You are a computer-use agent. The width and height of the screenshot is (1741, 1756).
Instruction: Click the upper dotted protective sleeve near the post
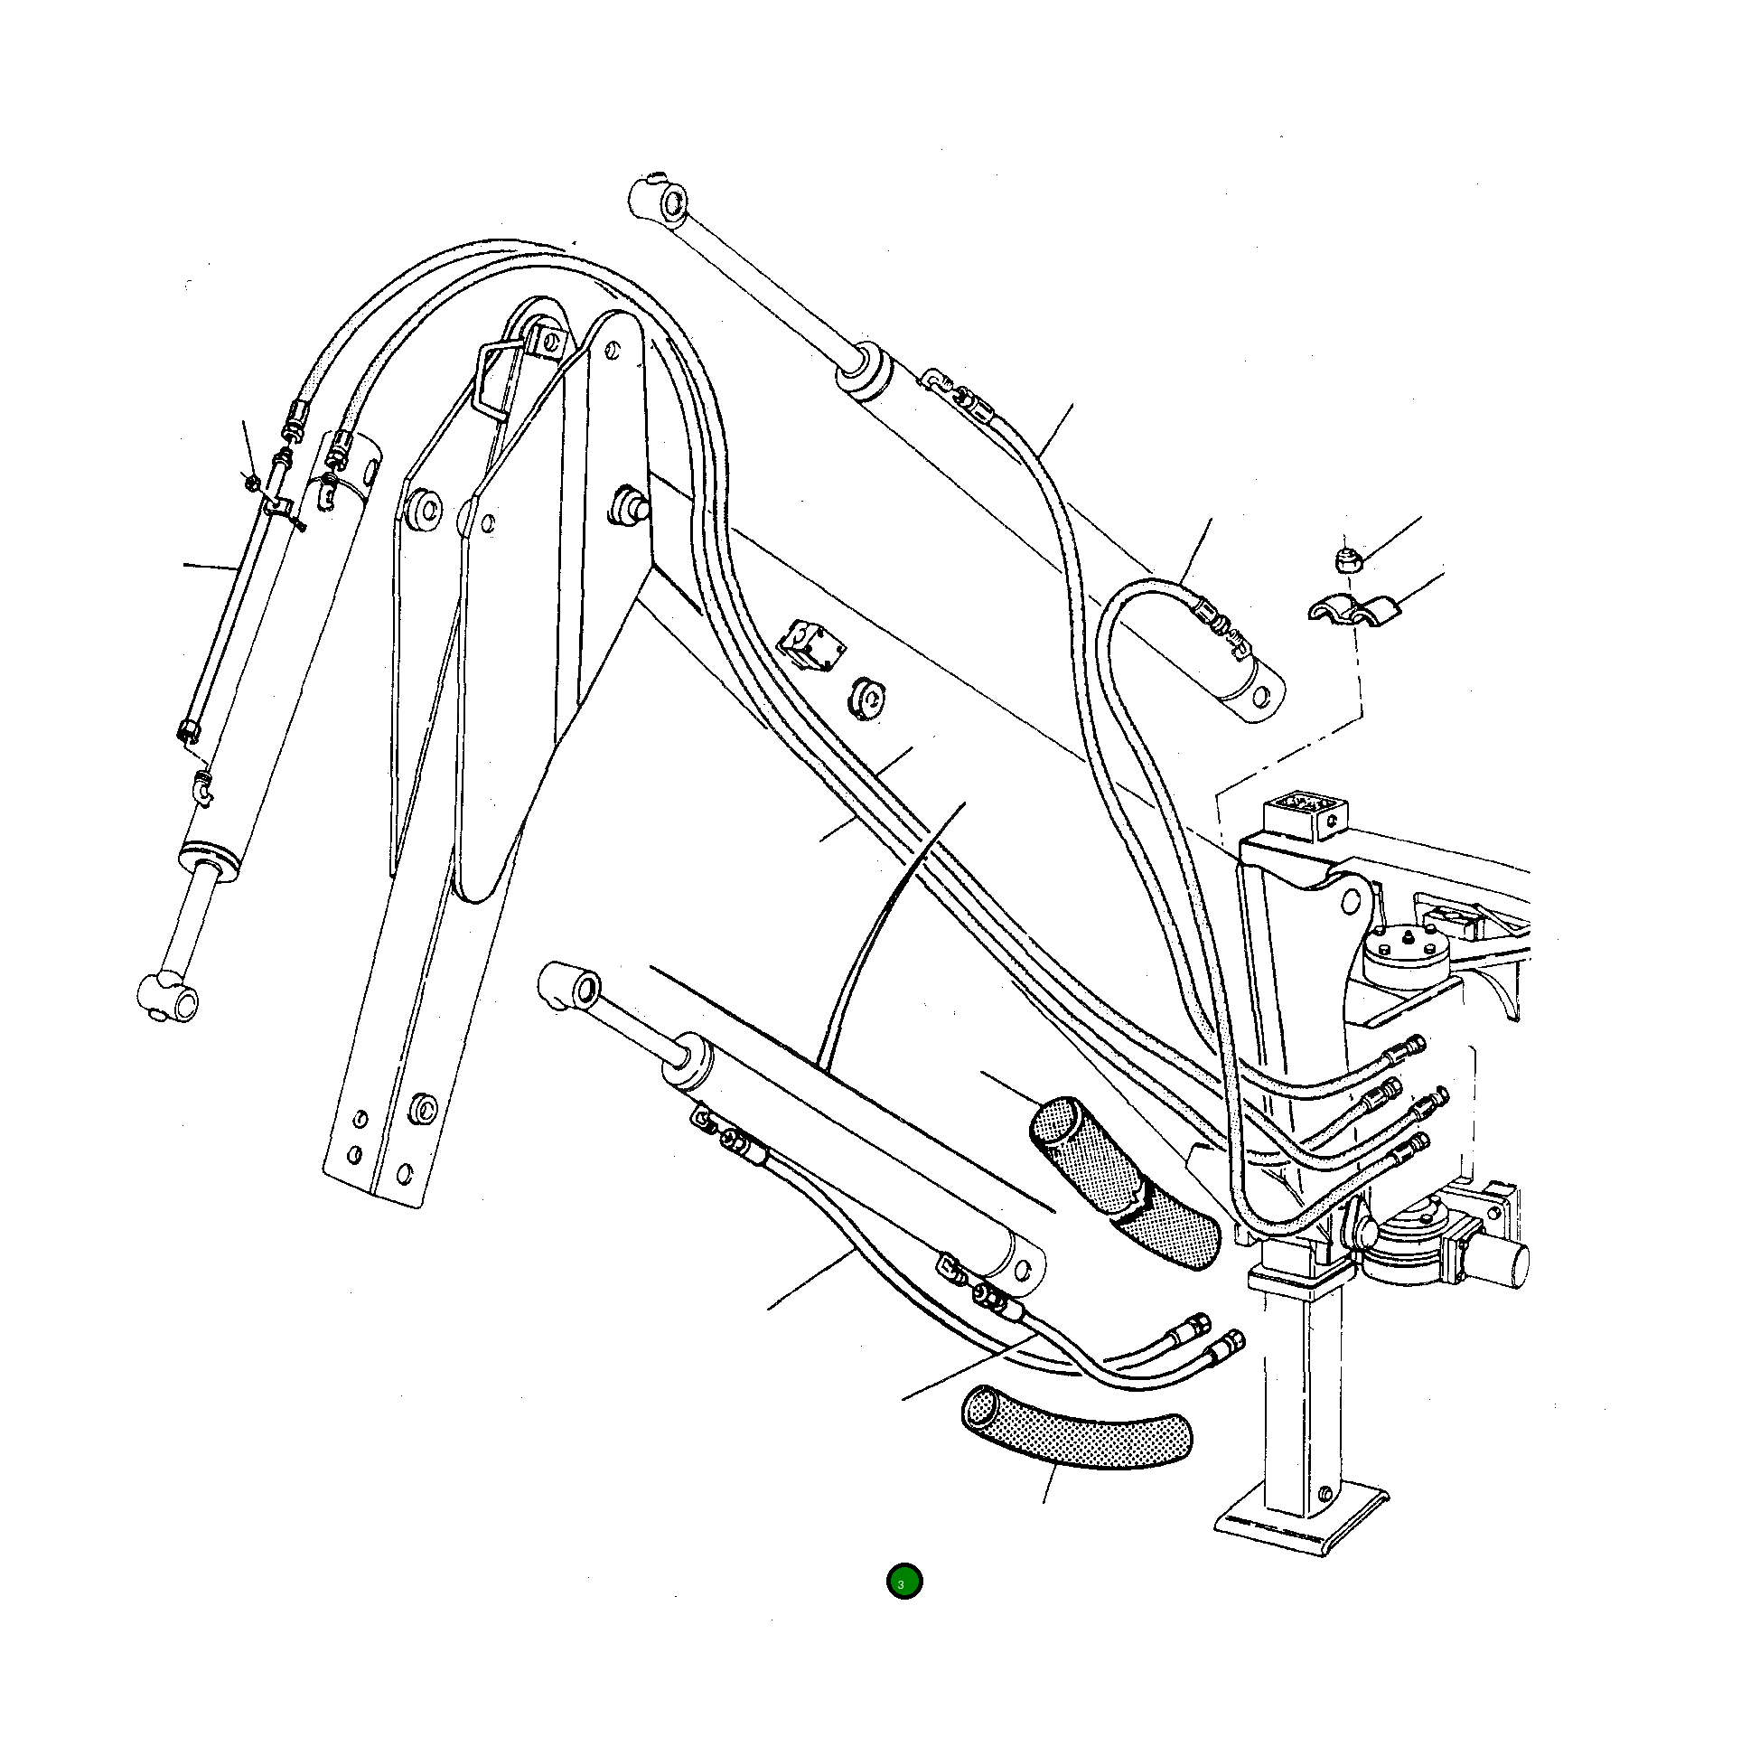(1122, 1181)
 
